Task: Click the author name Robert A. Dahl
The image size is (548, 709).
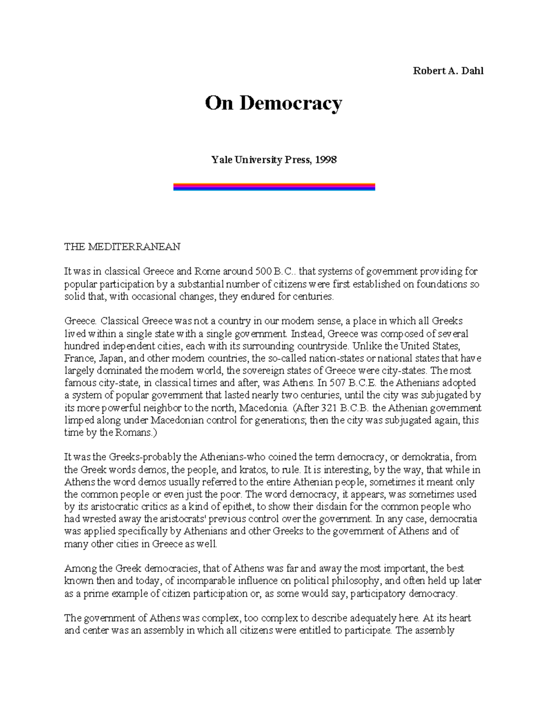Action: click(448, 71)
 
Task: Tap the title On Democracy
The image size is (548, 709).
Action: click(273, 104)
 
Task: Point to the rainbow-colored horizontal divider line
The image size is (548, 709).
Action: click(274, 187)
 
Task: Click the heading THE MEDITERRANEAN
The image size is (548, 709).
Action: click(122, 247)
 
